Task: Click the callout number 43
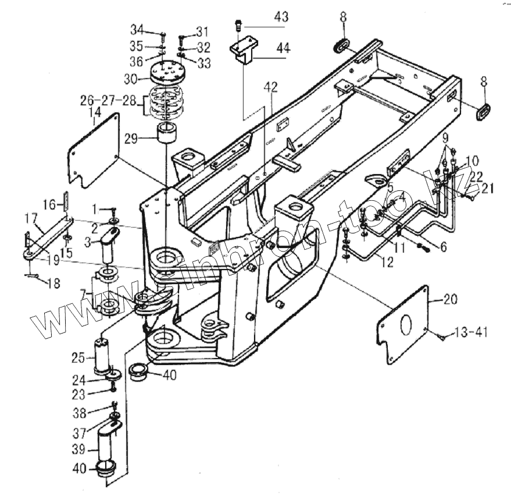(x=281, y=18)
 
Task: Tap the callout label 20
(x=451, y=300)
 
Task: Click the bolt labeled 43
(x=237, y=24)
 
